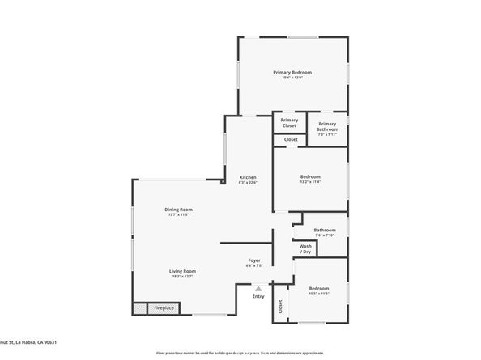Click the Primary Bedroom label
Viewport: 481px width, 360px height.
coord(292,72)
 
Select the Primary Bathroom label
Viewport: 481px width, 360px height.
coord(327,126)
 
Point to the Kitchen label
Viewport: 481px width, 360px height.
coord(248,177)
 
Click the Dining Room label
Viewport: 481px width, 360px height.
coord(179,209)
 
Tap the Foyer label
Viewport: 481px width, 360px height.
coord(254,260)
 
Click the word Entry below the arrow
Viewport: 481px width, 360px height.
coord(258,296)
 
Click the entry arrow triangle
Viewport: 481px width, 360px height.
coord(258,287)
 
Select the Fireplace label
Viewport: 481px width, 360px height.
coord(164,308)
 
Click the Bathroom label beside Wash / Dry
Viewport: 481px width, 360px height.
coord(325,230)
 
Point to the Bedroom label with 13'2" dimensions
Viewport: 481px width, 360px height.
coord(310,176)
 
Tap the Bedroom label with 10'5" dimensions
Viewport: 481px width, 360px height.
coord(318,288)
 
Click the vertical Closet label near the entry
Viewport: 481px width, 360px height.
coord(280,306)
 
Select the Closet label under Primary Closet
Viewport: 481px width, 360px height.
coord(290,139)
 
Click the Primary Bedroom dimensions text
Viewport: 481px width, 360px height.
coord(292,78)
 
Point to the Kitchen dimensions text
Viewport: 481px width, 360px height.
coord(248,183)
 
